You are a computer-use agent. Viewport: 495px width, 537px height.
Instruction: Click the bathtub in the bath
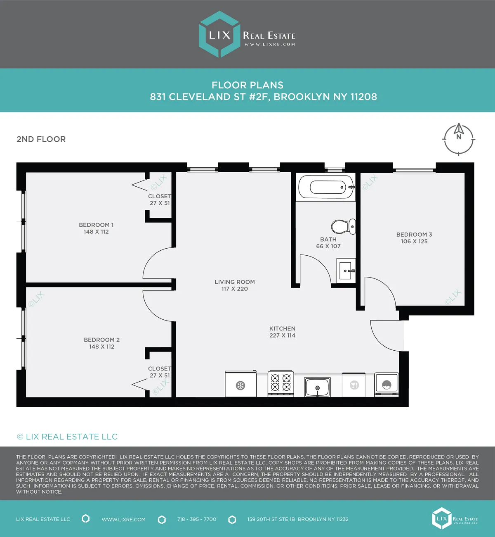pos(326,187)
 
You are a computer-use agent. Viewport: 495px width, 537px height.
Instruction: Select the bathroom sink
pos(346,271)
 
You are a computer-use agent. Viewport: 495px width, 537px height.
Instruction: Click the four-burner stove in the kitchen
pos(281,383)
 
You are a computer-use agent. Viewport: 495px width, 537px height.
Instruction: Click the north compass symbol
pos(459,139)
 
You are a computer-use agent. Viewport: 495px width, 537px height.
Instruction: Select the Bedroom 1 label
pos(96,225)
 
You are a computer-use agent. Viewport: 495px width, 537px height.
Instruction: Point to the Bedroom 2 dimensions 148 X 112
pos(102,347)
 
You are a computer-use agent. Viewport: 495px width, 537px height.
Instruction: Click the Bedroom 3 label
pos(414,234)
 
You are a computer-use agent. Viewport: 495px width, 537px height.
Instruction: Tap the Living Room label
pos(235,282)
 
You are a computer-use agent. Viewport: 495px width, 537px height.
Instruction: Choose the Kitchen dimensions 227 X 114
pos(282,335)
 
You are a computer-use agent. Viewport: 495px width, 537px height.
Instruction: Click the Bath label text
pos(328,239)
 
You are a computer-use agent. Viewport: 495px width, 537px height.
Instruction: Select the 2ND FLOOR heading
pos(41,139)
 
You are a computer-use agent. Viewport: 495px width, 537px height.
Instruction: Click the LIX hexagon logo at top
pos(219,35)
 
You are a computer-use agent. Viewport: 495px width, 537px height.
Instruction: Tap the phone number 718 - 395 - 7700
pos(197,519)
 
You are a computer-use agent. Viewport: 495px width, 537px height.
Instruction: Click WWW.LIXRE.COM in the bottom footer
pos(124,519)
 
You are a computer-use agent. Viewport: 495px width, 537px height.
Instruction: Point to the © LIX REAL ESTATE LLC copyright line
pos(67,437)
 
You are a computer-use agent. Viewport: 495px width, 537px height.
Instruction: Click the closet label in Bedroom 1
pos(160,196)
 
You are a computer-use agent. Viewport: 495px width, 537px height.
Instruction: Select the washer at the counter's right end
pos(387,384)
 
